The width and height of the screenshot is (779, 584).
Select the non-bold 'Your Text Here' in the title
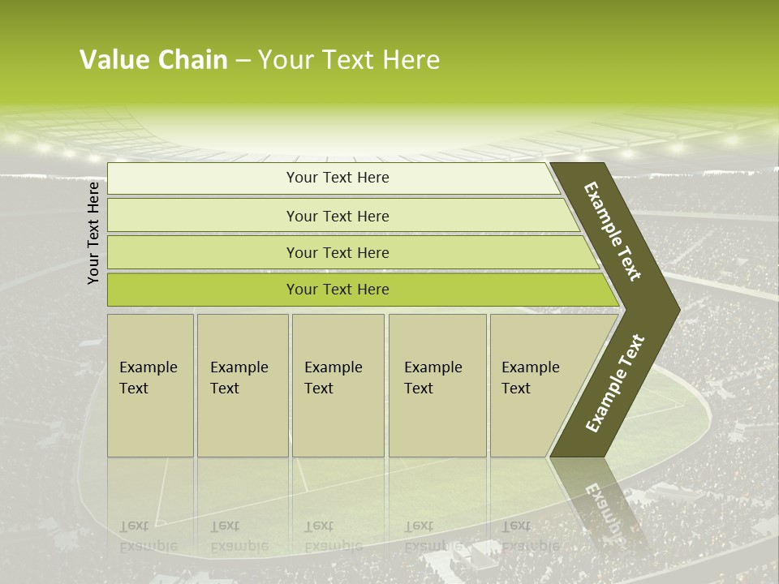349,60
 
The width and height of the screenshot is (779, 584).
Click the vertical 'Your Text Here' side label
93,233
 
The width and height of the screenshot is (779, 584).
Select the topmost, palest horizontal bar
337,178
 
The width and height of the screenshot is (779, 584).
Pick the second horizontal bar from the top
337,216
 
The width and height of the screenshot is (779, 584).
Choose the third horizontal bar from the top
337,252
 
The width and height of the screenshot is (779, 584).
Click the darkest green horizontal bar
337,290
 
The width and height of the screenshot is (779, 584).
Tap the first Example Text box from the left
150,385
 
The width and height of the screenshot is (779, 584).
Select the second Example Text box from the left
242,385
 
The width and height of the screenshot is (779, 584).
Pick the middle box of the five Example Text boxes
338,385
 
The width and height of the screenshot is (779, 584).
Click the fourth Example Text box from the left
437,385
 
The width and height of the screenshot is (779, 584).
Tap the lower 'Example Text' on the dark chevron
615,384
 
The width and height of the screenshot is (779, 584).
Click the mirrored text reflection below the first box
148,536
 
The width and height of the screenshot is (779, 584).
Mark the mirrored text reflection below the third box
333,536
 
